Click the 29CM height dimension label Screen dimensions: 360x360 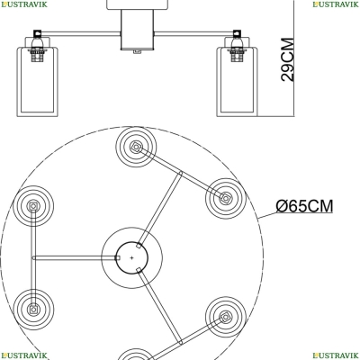[x=287, y=59]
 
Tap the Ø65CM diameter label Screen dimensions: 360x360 [x=304, y=206]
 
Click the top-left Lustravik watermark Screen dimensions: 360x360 [x=23, y=4]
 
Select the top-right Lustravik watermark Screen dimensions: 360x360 [x=336, y=4]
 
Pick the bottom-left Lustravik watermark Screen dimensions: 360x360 [x=23, y=355]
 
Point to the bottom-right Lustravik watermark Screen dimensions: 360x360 [x=336, y=355]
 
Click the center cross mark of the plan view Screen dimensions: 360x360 [x=131, y=257]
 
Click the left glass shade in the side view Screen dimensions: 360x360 [x=37, y=82]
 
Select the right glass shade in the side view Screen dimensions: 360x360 [x=237, y=82]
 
